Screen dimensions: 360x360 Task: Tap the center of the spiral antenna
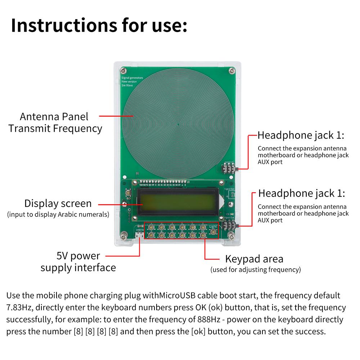[179, 125]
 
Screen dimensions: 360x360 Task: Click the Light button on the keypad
[213, 232]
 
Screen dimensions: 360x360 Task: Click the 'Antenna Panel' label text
[54, 117]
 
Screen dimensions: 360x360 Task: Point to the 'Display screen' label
[58, 203]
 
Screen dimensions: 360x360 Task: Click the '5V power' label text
[78, 256]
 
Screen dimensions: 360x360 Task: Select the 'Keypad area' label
[254, 259]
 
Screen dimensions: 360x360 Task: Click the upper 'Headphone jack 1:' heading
[301, 136]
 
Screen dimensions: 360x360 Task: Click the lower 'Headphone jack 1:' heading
[302, 193]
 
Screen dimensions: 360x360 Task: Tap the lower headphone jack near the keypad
[228, 226]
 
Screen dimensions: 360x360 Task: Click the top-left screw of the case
[123, 69]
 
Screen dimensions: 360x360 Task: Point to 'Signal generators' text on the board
[132, 78]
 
